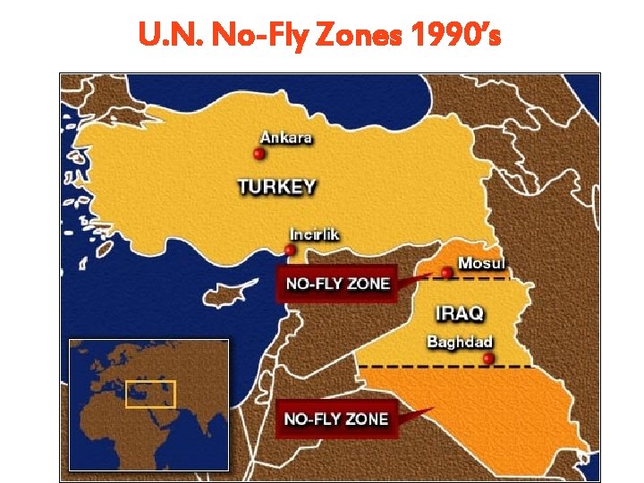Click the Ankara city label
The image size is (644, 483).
coord(286,138)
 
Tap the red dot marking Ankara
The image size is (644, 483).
coord(259,154)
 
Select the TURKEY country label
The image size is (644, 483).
coord(276,187)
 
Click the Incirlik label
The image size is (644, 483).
coord(315,234)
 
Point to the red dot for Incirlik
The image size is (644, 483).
coord(290,250)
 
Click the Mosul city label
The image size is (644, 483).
coord(481,263)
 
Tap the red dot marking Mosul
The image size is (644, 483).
coord(446,272)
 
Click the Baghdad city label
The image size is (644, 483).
coord(460,342)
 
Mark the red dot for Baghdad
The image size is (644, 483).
coord(487,359)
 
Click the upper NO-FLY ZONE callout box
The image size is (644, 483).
coord(337,284)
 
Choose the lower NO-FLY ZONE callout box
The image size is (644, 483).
coord(335,419)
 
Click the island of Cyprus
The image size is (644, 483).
coord(223,295)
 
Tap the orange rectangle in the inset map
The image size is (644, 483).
coord(150,394)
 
